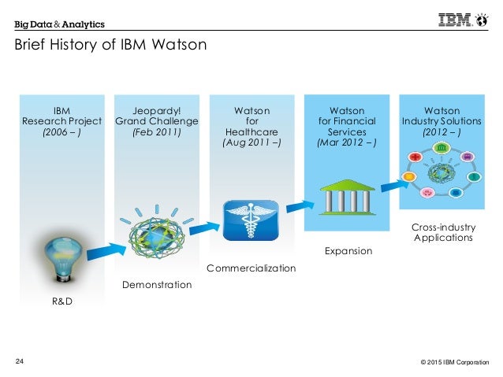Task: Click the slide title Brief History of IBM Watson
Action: click(x=110, y=45)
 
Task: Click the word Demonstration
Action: click(x=156, y=284)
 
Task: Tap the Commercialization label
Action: click(x=251, y=268)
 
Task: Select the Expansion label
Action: click(x=348, y=251)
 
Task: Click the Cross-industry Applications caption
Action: click(x=442, y=232)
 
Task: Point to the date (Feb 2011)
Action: click(x=156, y=132)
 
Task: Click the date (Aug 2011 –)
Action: click(x=251, y=143)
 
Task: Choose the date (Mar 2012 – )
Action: click(x=347, y=143)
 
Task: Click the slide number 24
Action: click(x=20, y=361)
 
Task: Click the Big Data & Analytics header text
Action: click(x=59, y=23)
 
